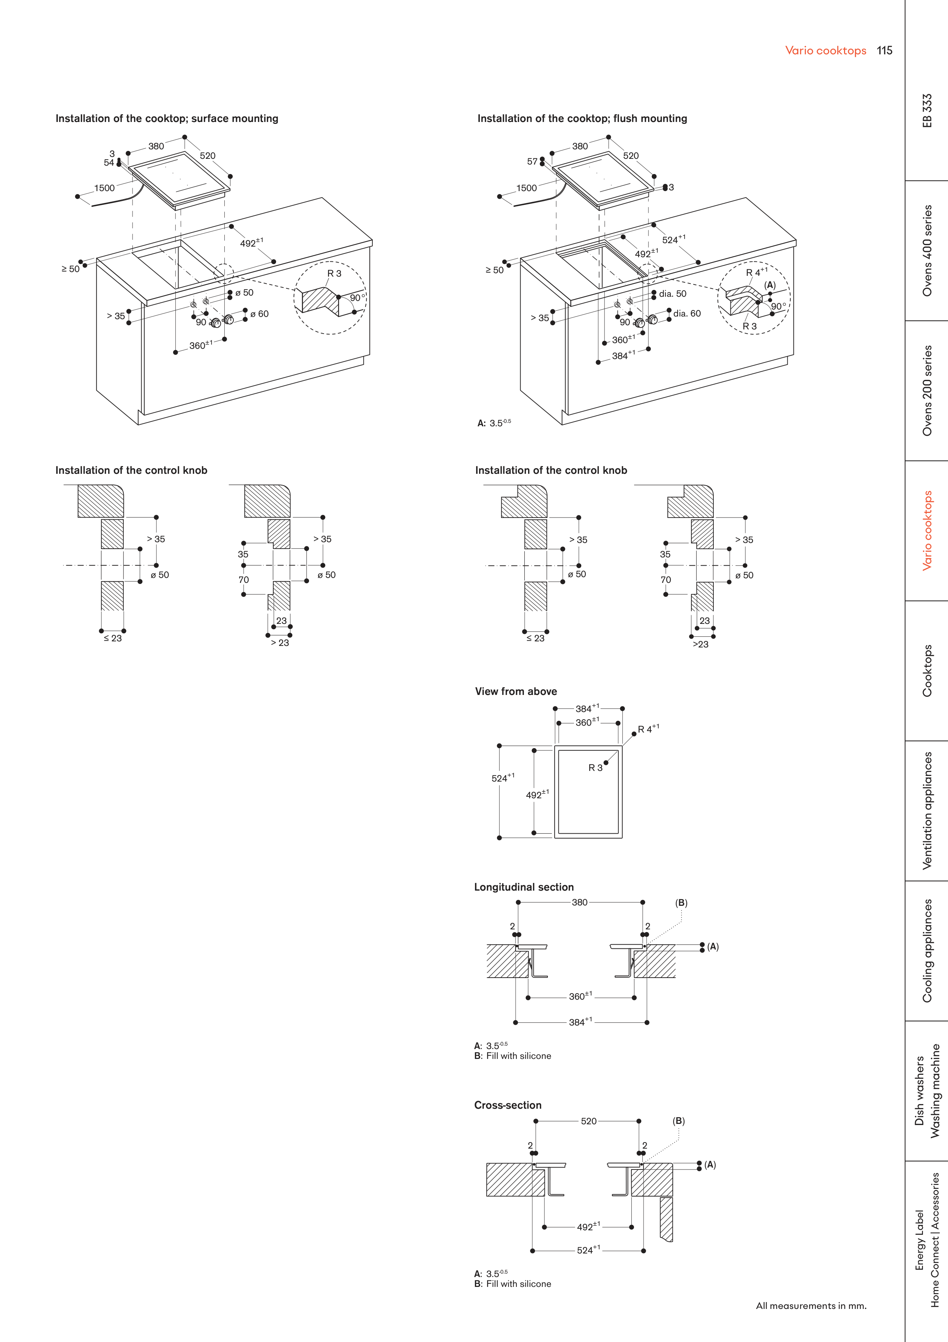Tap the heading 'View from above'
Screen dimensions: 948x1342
pos(516,692)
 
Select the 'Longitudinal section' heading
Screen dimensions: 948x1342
pos(524,887)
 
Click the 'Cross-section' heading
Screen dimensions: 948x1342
pos(508,1105)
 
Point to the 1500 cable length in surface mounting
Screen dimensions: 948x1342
pos(104,188)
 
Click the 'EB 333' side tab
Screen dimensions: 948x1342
pos(927,111)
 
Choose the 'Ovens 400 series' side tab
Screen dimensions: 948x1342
pos(927,250)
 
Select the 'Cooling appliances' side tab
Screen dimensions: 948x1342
pos(927,951)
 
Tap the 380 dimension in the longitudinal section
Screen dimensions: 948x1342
pos(579,902)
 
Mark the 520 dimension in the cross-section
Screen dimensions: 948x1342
pos(589,1121)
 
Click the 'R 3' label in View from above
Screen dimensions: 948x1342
pos(595,768)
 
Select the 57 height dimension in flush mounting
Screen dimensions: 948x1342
pos(532,161)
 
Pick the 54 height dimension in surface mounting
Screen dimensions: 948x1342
pos(109,163)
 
